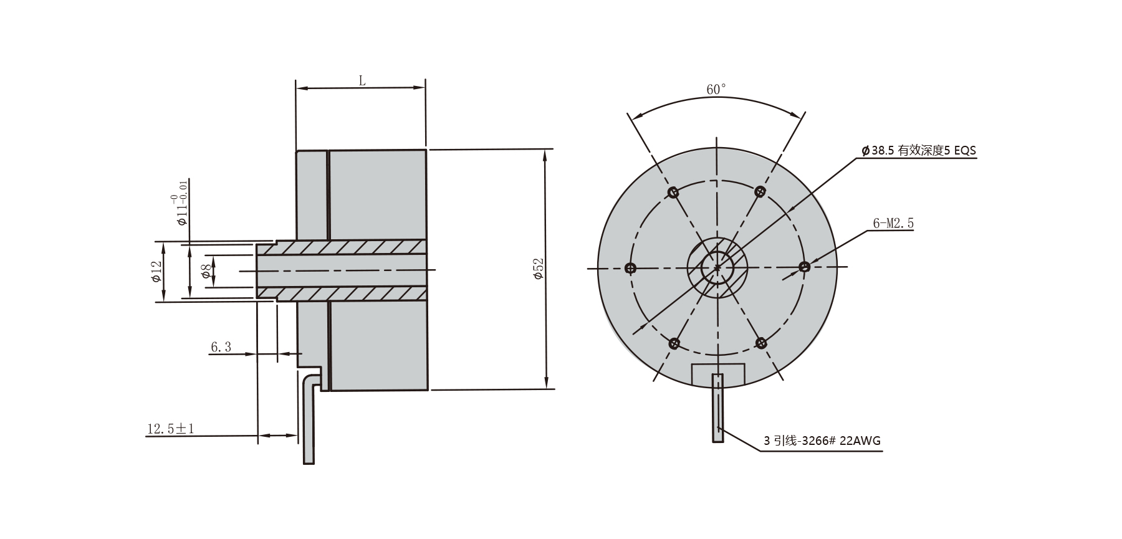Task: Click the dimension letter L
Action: [362, 80]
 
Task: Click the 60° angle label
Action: [716, 90]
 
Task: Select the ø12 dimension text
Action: [156, 271]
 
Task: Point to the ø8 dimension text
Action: [205, 271]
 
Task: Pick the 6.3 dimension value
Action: [221, 347]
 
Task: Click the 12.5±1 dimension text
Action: [171, 429]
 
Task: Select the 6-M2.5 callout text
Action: [893, 223]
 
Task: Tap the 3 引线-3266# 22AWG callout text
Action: [822, 441]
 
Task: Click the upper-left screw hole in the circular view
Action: [673, 193]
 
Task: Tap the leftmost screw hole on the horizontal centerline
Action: [630, 268]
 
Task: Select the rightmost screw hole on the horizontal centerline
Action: [804, 267]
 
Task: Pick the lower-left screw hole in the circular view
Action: [674, 343]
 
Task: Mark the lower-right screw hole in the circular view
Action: [760, 343]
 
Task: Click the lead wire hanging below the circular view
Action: [718, 408]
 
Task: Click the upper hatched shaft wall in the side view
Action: [349, 247]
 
